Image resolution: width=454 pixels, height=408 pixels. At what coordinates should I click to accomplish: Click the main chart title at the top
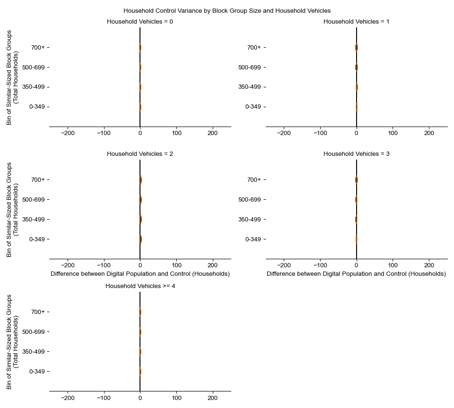pos(227,10)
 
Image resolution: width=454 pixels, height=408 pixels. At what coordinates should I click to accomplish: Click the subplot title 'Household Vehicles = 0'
pos(140,22)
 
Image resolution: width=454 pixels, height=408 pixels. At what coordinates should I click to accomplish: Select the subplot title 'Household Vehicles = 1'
pos(356,22)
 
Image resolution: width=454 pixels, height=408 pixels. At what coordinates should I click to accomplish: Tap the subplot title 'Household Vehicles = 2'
pos(140,154)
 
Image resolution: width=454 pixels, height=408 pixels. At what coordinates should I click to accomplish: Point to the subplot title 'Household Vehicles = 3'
pos(356,154)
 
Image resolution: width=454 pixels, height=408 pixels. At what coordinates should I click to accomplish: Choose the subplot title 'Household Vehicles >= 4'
pos(140,286)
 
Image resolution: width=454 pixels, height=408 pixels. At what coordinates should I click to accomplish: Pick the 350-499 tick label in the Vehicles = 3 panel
pos(250,219)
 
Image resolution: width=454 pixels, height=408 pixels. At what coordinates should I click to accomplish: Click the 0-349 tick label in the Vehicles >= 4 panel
pos(37,371)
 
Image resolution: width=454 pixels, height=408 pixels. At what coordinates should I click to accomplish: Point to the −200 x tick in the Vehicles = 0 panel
pos(68,134)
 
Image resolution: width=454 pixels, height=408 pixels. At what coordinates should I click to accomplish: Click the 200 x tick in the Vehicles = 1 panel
pos(429,134)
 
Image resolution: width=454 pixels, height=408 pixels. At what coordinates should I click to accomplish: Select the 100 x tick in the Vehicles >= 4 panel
pos(176,398)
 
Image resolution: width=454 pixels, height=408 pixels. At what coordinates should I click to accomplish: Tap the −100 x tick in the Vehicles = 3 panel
pos(320,266)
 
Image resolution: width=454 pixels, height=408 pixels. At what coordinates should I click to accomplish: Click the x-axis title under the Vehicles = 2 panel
pos(140,274)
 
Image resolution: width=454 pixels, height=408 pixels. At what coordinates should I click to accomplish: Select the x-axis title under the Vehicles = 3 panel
pos(356,274)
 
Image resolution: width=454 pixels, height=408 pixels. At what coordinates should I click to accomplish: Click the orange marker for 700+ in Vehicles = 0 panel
pos(140,47)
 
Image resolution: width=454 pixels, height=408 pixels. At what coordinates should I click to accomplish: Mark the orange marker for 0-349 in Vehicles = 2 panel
pos(140,239)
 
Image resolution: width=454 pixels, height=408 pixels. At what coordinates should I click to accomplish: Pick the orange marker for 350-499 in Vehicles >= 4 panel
pos(140,351)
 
